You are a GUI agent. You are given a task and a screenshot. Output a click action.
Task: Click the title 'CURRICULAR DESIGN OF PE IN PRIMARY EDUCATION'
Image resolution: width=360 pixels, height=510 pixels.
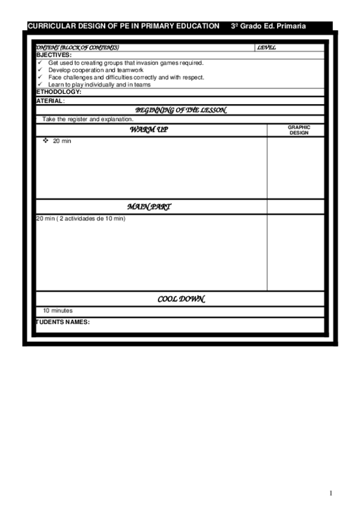click(123, 26)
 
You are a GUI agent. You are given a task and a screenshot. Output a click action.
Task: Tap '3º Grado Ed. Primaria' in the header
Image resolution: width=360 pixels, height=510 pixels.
click(268, 26)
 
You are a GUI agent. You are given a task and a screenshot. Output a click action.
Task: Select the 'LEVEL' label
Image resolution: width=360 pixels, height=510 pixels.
click(266, 48)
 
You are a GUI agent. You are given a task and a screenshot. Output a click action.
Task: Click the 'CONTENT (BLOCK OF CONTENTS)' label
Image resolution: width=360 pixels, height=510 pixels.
click(78, 48)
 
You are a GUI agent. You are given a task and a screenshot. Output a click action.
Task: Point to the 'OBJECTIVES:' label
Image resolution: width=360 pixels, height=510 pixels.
click(53, 55)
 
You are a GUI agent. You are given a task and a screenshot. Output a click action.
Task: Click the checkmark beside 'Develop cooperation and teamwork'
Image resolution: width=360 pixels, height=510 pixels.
click(40, 70)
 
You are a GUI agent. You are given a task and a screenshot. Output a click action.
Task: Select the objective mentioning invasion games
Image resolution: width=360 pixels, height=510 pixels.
click(126, 63)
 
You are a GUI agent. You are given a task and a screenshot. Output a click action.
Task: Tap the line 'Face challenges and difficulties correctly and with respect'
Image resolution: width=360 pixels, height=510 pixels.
click(126, 78)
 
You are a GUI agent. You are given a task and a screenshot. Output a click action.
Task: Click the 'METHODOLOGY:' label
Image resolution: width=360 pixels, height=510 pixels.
click(58, 92)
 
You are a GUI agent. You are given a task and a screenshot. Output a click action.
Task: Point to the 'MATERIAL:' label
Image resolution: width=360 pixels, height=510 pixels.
click(50, 100)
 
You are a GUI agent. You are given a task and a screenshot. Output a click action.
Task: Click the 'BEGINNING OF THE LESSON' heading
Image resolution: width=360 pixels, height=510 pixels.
click(180, 110)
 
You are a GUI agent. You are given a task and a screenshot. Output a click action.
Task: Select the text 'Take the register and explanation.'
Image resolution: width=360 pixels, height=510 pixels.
click(88, 119)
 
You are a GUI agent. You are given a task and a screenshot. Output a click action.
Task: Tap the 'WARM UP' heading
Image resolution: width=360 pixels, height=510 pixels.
click(149, 130)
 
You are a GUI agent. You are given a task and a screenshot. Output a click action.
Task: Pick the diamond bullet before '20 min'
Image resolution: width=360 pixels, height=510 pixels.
click(46, 140)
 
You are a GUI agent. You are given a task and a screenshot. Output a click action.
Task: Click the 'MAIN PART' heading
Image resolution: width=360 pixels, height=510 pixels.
click(149, 207)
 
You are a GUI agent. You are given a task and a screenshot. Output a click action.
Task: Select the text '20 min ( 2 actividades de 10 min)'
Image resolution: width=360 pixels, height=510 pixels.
click(81, 218)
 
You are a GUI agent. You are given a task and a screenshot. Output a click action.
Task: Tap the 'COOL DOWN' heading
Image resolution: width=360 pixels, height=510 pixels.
click(181, 299)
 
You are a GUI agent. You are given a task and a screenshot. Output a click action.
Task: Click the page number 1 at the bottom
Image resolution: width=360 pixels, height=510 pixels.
click(331, 493)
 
